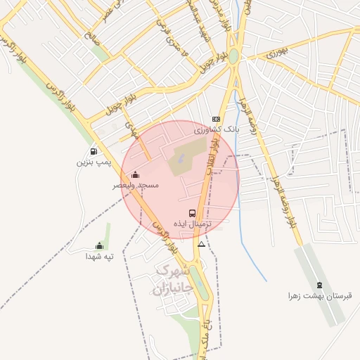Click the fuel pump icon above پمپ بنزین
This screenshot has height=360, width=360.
(94, 152)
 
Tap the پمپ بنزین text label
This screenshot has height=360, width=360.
(94, 162)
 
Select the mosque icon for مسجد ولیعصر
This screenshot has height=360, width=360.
(136, 175)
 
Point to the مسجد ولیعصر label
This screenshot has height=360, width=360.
(136, 186)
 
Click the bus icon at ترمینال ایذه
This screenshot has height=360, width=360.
(192, 212)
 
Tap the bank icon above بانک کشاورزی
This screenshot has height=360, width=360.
(217, 120)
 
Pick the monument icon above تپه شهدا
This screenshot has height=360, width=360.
(99, 246)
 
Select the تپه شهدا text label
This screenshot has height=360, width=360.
(99, 257)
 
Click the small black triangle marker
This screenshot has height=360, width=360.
(202, 245)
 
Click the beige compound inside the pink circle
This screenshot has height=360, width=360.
(186, 157)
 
